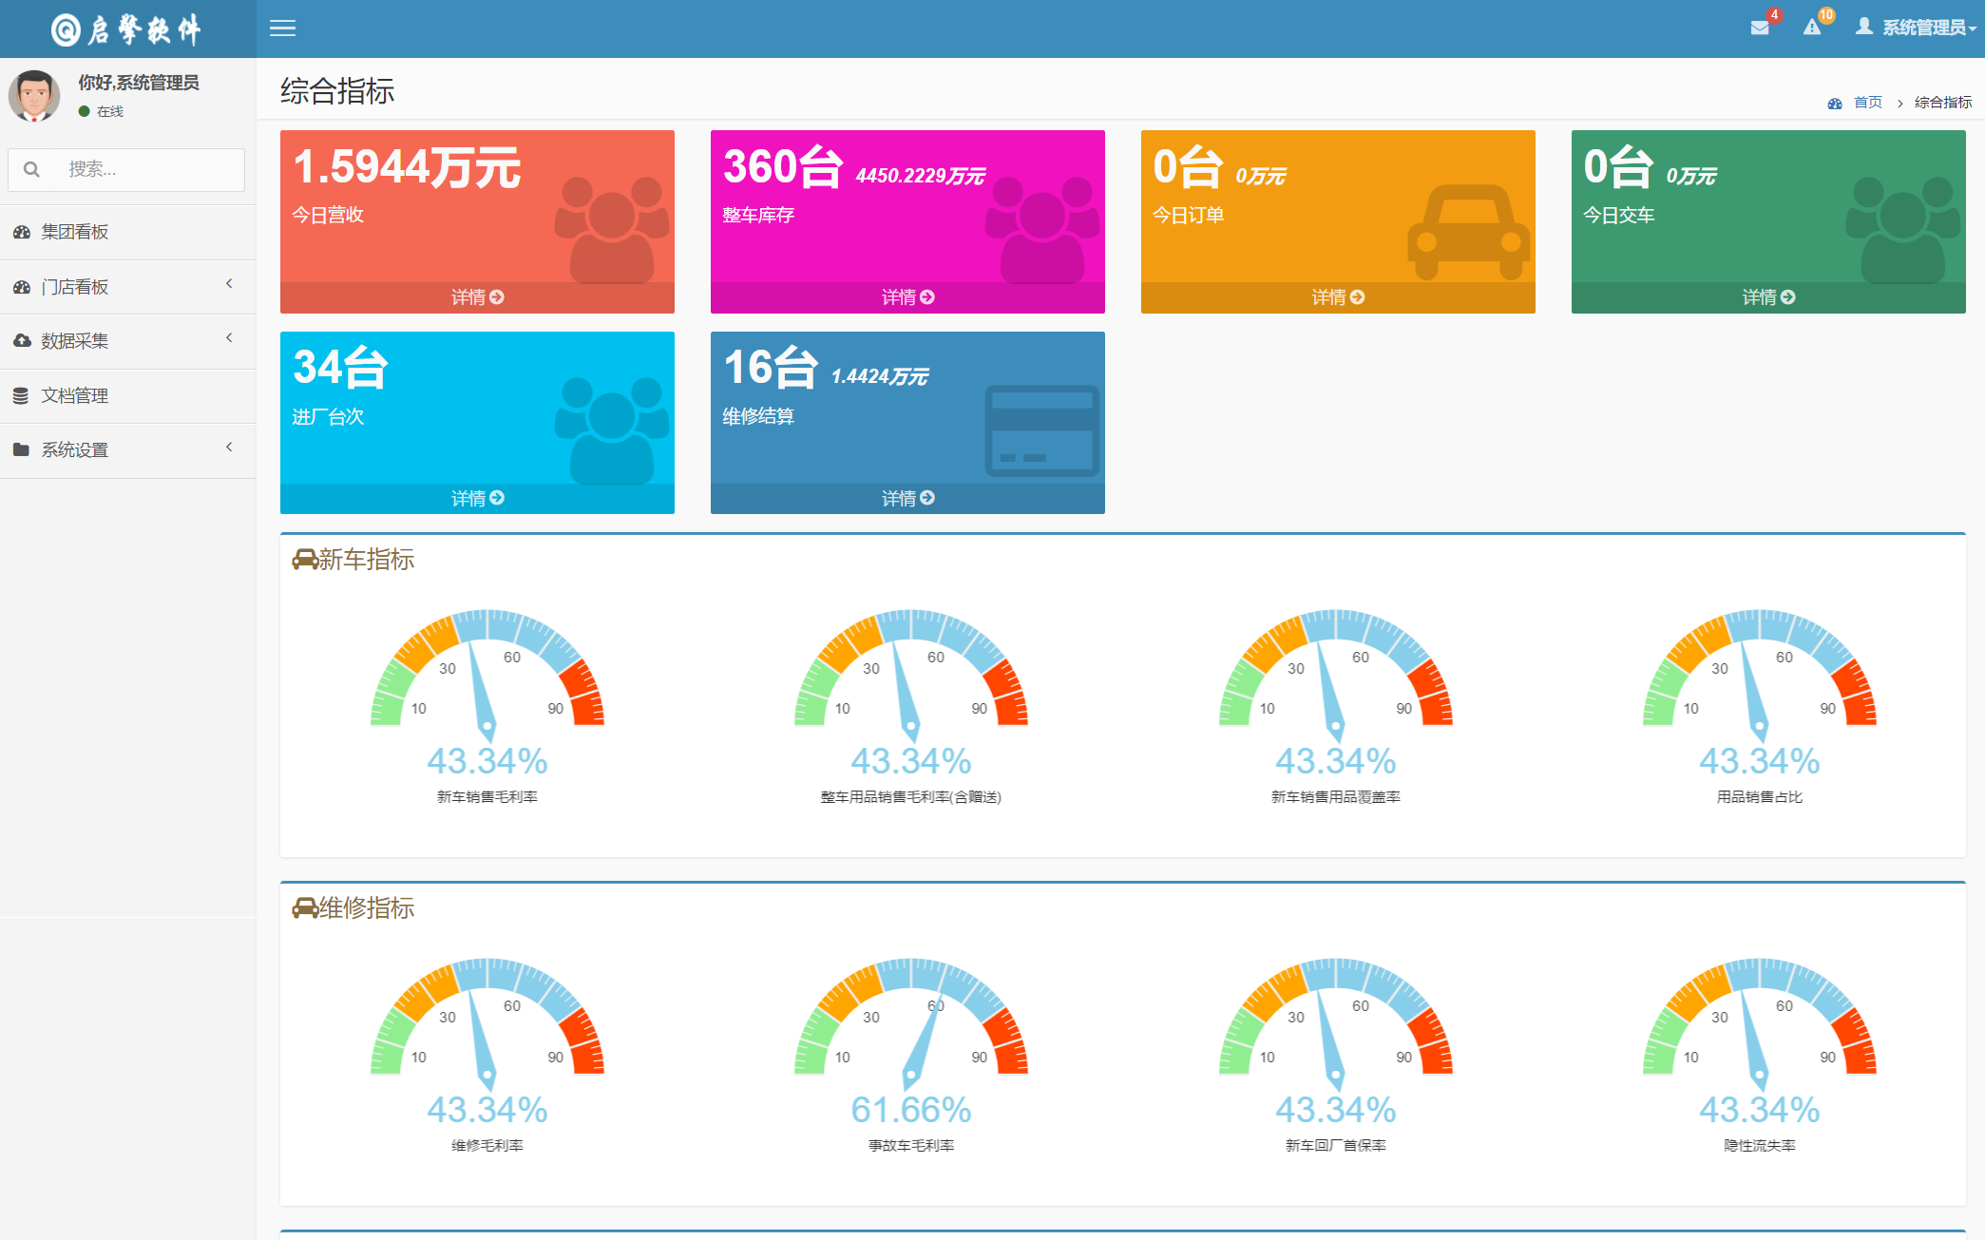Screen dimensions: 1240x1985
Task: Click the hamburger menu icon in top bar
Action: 282,29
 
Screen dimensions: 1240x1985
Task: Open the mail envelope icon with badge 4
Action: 1760,28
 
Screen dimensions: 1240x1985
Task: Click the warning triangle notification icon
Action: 1812,28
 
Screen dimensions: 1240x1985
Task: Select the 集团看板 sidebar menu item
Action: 75,232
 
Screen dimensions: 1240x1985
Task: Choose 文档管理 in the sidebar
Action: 75,395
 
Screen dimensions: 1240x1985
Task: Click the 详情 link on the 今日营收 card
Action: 477,297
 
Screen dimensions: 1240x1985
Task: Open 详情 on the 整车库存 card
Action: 907,297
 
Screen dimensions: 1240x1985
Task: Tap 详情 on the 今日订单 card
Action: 1338,297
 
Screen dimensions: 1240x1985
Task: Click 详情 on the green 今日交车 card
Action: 1768,297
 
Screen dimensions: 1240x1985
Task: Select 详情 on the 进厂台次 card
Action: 477,498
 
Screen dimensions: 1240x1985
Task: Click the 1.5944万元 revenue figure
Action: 408,167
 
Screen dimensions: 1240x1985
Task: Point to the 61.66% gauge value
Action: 910,1109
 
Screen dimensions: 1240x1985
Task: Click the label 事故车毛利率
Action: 910,1145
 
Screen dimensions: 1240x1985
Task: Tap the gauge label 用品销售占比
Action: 1759,796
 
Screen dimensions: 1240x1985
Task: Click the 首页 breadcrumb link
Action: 1867,102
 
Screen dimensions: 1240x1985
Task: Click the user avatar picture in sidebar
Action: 35,95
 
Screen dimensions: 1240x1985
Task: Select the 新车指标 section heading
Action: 366,560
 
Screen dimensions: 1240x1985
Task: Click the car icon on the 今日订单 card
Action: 1468,232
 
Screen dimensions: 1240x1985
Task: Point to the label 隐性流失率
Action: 1759,1145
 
